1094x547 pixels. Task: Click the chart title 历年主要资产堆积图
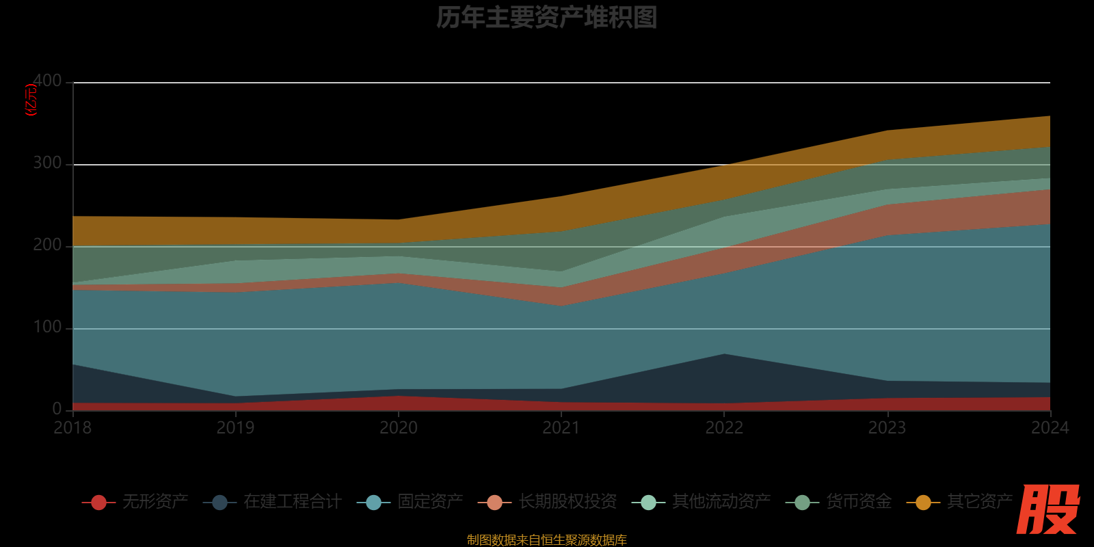[546, 18]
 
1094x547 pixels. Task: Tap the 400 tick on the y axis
[47, 81]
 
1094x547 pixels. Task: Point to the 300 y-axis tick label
[47, 163]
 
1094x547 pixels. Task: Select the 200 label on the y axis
[47, 245]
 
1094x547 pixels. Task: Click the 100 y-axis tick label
[47, 327]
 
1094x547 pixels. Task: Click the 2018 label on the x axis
[72, 428]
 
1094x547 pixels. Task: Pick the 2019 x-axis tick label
[235, 428]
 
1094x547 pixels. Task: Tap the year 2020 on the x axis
[399, 428]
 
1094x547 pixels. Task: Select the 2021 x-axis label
[561, 428]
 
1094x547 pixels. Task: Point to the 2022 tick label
[724, 428]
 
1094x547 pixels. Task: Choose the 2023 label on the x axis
[887, 428]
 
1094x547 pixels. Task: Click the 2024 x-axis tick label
[1050, 428]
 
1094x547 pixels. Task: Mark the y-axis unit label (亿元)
[31, 100]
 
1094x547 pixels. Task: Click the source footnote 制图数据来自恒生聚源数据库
[546, 539]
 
